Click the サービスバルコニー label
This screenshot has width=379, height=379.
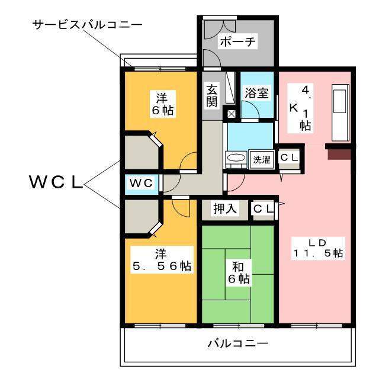87,25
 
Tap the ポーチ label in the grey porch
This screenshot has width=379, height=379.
237,41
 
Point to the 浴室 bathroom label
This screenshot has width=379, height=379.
257,93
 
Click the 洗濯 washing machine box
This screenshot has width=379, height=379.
262,159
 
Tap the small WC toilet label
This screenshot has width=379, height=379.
142,183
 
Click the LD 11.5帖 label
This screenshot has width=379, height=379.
317,247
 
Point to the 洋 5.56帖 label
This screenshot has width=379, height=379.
160,260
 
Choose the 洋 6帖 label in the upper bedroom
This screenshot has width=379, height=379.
160,103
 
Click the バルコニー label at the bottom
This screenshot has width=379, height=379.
238,343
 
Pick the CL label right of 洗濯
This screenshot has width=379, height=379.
290,157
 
